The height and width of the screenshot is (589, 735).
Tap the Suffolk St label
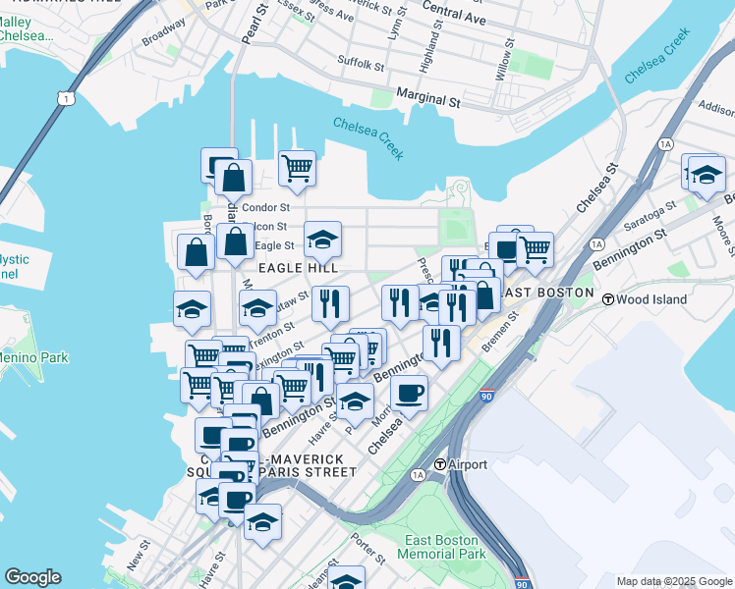pos(361,65)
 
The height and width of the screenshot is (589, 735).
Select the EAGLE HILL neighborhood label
pos(298,267)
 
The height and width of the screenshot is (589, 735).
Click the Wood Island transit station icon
pos(608,298)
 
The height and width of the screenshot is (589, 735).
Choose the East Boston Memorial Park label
pos(441,548)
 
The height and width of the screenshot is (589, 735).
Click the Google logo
pos(32,577)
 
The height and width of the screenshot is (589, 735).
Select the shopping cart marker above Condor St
pos(297,168)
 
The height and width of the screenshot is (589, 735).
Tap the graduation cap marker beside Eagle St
pos(322,239)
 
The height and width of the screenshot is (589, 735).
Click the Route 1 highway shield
pos(66,98)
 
